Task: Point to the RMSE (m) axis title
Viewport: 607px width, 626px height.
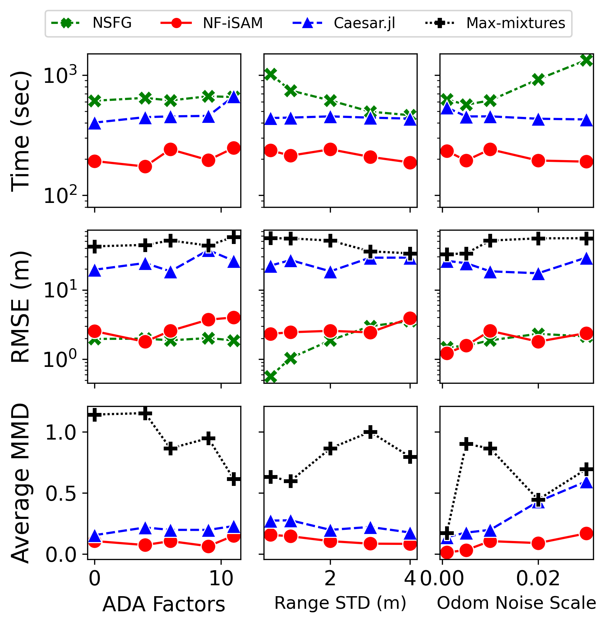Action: (20, 307)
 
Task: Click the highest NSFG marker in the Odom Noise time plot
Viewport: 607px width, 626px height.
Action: (586, 60)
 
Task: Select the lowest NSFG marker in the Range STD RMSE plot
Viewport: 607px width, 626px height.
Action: (270, 377)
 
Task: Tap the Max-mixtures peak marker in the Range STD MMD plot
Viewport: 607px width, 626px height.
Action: (370, 432)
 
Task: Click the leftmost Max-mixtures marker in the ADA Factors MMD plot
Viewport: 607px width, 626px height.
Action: (94, 415)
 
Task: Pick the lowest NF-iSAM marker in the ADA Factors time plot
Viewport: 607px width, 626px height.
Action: (145, 166)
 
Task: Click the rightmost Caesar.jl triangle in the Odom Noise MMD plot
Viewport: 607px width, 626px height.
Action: (586, 483)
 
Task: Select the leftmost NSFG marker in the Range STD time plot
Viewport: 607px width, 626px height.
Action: (270, 74)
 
